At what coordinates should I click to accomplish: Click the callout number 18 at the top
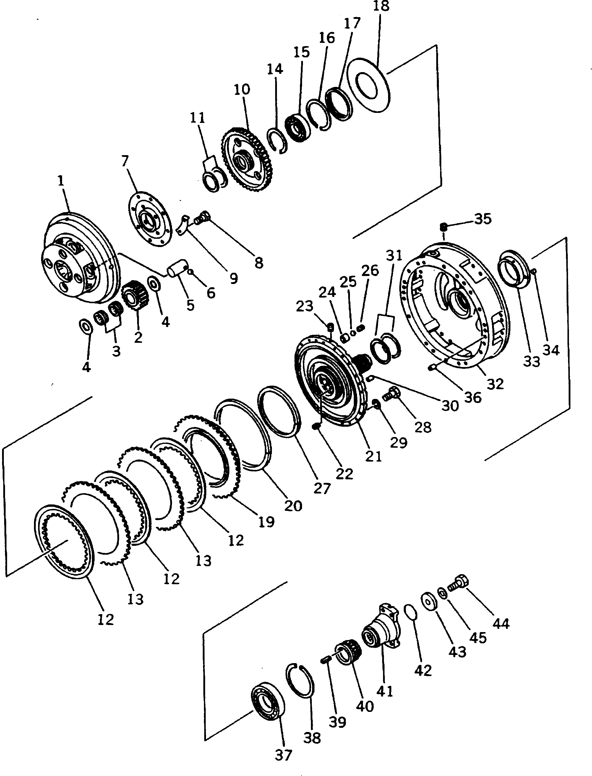(381, 6)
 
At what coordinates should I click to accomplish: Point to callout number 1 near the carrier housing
(61, 181)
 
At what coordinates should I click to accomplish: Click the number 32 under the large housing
(495, 384)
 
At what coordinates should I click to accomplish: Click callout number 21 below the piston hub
(374, 457)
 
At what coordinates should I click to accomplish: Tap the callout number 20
(293, 506)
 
